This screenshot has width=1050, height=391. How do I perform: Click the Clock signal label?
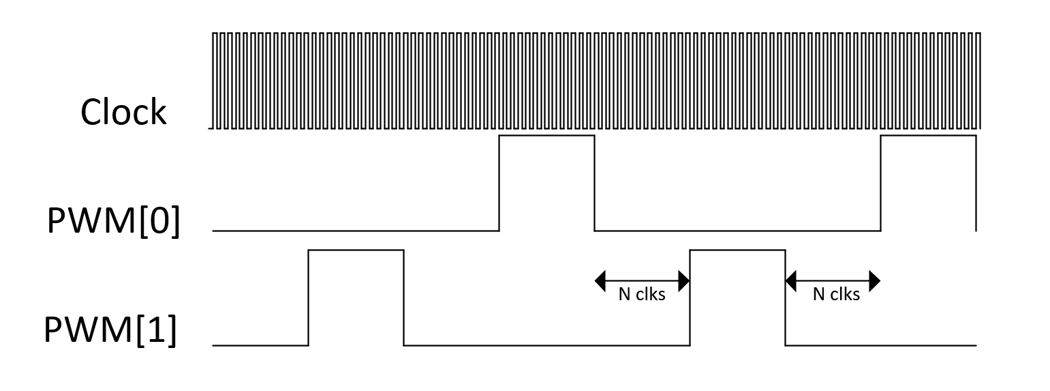123,112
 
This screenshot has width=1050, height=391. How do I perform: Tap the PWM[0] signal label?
114,222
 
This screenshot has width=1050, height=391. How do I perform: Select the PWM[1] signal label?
110,331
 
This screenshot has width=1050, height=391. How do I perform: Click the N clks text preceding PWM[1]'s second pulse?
642,295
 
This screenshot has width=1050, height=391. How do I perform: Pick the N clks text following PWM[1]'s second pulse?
836,295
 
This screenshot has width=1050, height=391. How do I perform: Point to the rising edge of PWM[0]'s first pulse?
499,183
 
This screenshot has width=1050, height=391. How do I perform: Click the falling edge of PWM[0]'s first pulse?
595,183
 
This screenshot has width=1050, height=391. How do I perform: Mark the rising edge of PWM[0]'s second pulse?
881,183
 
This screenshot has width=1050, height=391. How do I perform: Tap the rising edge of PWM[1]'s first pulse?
309,298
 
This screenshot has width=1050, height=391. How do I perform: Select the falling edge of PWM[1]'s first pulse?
404,298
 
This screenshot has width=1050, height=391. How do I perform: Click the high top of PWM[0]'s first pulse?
547,136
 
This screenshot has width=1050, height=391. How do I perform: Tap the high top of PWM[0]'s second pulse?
928,136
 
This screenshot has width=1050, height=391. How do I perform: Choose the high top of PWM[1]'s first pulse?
356,250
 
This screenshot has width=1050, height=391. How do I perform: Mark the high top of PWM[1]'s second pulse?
738,250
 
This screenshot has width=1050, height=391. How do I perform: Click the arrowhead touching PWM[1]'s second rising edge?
684,280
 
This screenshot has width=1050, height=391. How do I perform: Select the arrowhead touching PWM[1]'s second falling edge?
792,280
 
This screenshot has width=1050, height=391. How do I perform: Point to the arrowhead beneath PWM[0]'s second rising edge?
875,280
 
